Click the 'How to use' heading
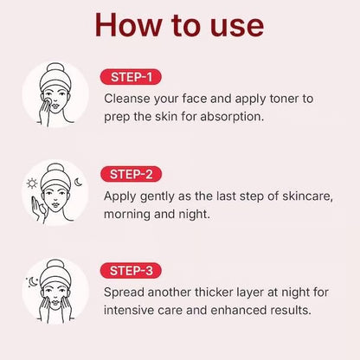pyautogui.click(x=180, y=24)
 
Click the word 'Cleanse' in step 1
pyautogui.click(x=129, y=98)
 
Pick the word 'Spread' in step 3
pyautogui.click(x=125, y=292)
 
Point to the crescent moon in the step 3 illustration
pyautogui.click(x=32, y=281)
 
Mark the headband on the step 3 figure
pyautogui.click(x=55, y=276)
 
